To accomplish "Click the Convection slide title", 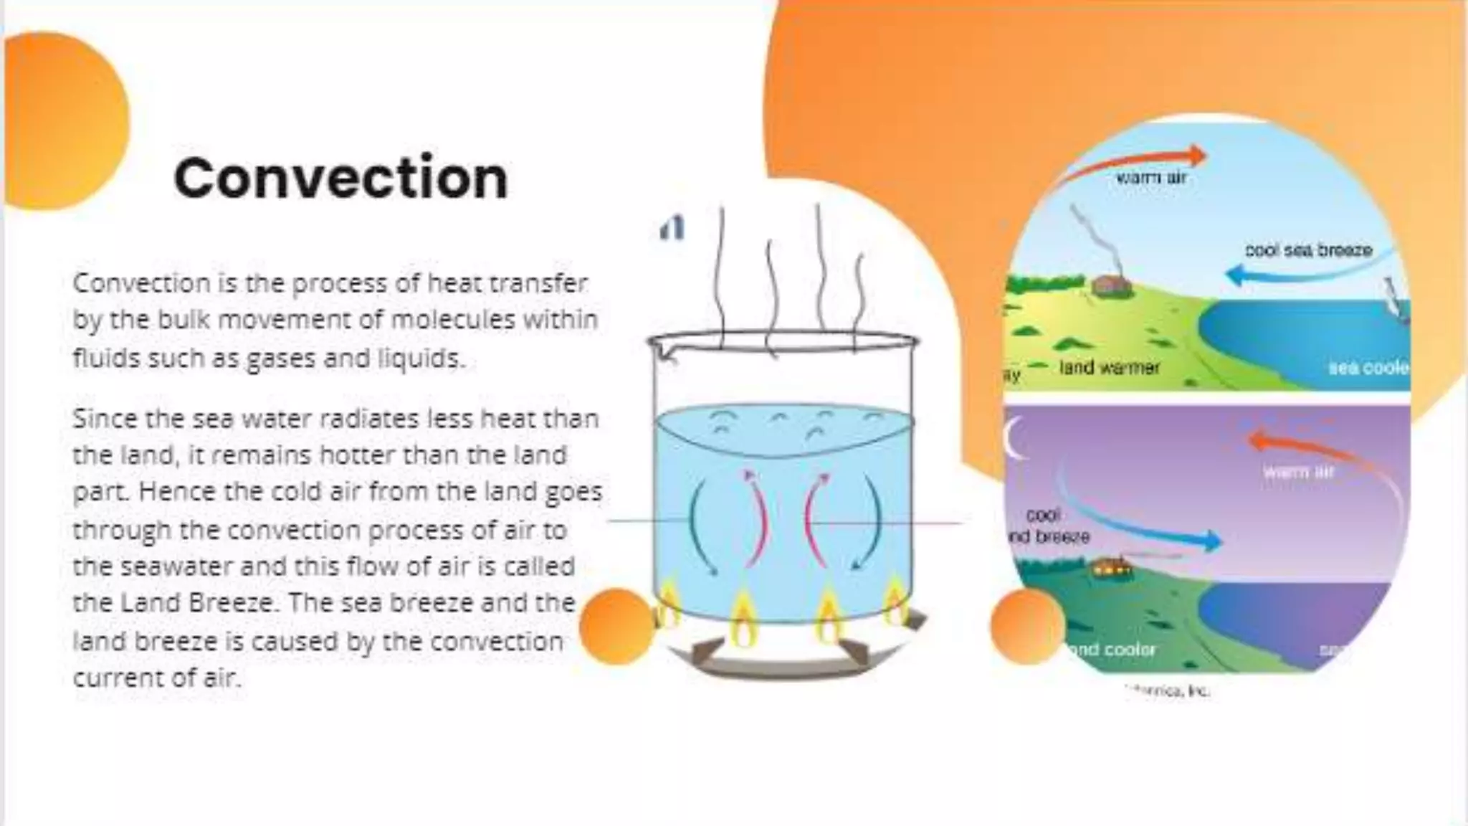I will click(340, 178).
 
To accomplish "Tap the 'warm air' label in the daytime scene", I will click(1151, 178).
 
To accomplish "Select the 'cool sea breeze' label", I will click(1308, 250).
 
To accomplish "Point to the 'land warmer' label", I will click(1109, 368).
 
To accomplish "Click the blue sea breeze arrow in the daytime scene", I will click(1290, 271).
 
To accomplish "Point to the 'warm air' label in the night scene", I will click(1298, 472).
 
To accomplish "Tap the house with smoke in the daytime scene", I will click(1112, 286).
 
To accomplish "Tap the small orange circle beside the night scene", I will click(1027, 626).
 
